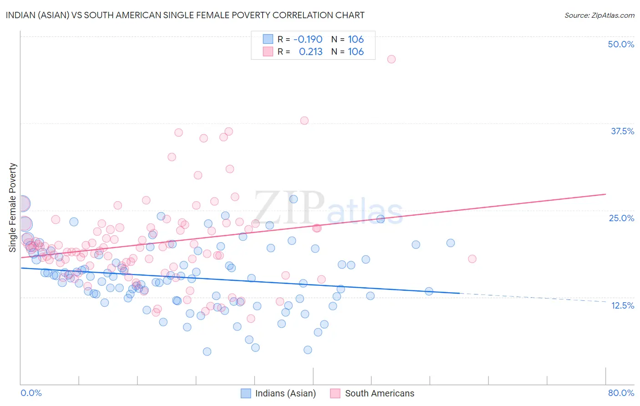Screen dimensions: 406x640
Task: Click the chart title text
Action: coord(185,15)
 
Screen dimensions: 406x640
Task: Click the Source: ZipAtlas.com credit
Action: coord(599,15)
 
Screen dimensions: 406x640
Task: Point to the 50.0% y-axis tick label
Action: coord(621,44)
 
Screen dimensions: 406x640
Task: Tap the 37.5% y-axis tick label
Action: coord(622,131)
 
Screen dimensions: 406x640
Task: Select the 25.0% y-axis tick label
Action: coord(621,218)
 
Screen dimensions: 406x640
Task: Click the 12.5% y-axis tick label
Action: coord(622,305)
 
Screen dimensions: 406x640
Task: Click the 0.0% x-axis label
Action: coord(31,393)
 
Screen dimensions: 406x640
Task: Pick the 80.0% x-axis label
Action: coord(621,393)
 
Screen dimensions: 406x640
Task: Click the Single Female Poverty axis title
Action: coord(13,208)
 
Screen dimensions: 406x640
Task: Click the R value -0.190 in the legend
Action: coord(308,40)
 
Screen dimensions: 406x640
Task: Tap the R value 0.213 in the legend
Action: coord(310,52)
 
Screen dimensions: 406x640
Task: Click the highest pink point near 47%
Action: coord(391,59)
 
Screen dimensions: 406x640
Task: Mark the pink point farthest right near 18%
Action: coord(472,259)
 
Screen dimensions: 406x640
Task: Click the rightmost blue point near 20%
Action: coord(451,243)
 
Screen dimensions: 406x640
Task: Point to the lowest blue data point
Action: coord(207,351)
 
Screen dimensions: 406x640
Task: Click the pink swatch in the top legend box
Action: coord(268,52)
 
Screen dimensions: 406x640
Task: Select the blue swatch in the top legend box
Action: coord(268,40)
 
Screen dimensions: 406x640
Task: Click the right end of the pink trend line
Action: coord(605,194)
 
